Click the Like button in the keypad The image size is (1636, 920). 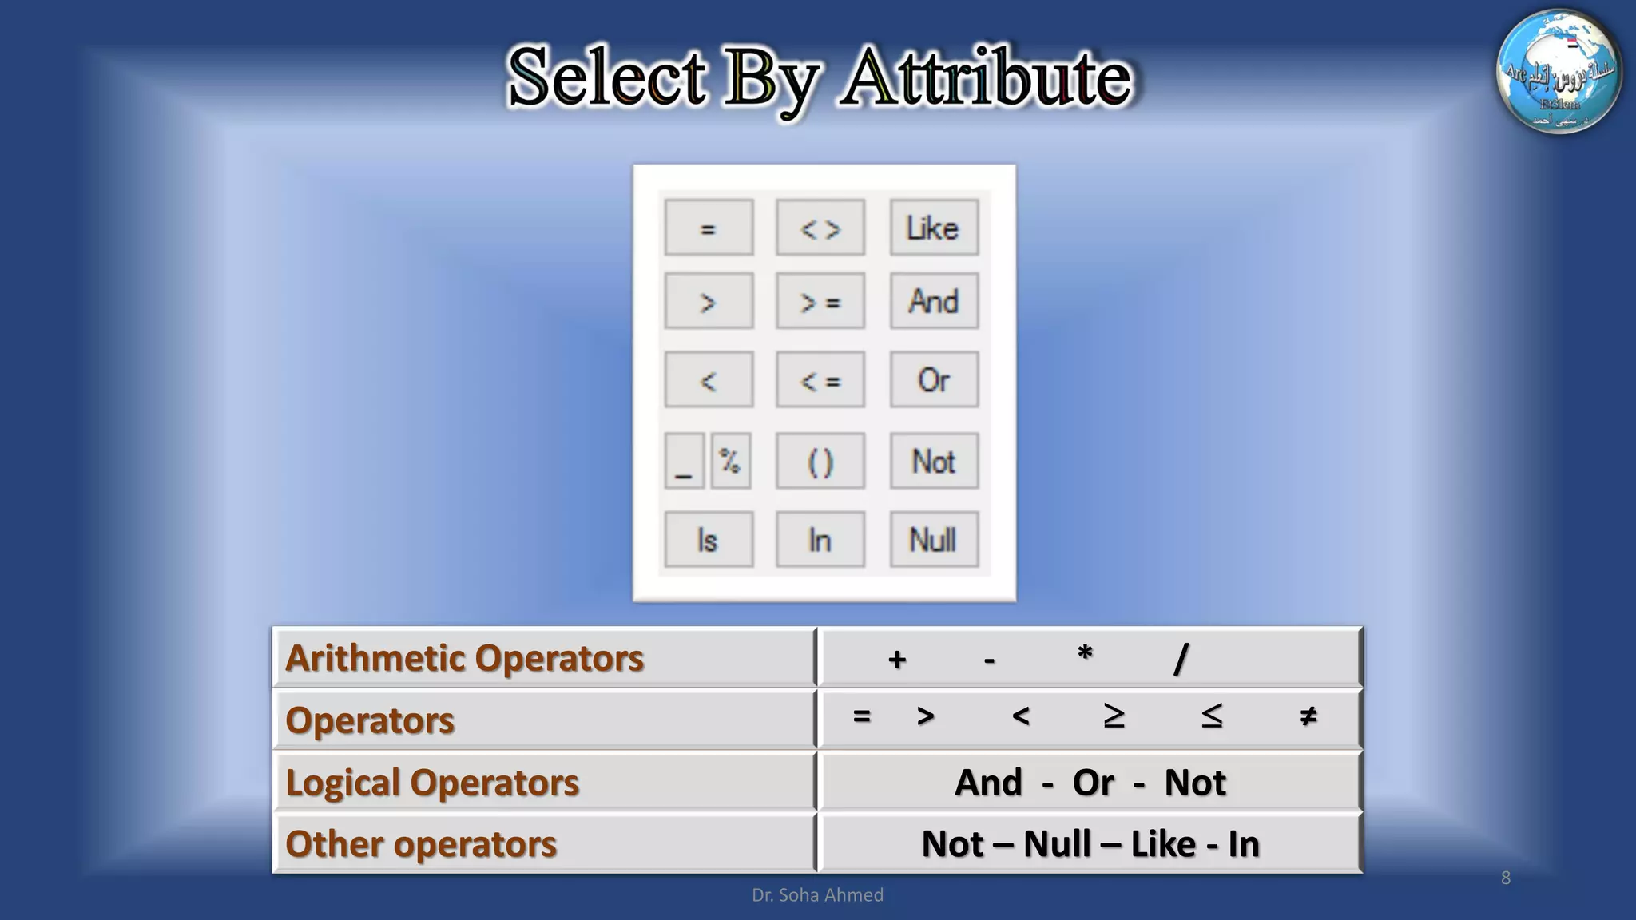pos(933,228)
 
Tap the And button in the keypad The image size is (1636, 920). pos(933,302)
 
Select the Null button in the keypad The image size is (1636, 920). pos(933,540)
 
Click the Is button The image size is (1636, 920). pos(708,540)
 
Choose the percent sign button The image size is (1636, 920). pos(730,461)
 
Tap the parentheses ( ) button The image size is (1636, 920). pos(820,461)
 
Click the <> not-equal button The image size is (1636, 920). pos(820,228)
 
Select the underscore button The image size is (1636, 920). pos(684,461)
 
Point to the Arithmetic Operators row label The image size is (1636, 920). pos(464,658)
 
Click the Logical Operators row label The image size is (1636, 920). pos(432,783)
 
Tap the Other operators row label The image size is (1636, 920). pos(421,844)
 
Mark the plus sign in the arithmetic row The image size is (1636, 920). pos(897,660)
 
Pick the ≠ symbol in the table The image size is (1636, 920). pos(1308,716)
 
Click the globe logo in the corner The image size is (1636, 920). pos(1559,72)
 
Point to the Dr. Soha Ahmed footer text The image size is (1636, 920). pos(817,895)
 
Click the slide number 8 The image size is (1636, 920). pos(1505,878)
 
